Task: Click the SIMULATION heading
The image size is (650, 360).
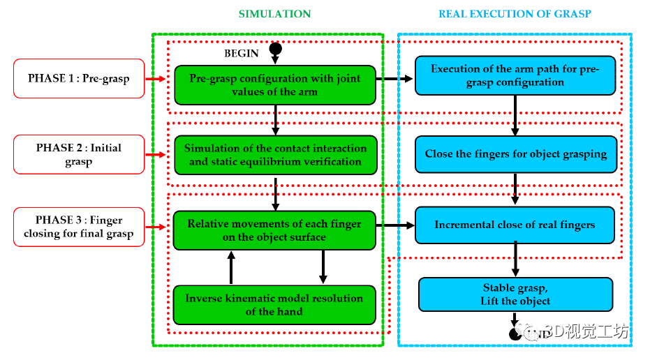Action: [274, 14]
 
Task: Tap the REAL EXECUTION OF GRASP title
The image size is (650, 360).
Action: [515, 14]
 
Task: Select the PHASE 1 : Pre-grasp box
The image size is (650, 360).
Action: [79, 78]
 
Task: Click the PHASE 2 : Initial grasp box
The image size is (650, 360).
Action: [79, 154]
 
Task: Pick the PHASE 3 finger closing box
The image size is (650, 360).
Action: [79, 227]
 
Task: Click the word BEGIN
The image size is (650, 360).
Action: [242, 54]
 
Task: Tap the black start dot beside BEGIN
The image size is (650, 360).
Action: [275, 49]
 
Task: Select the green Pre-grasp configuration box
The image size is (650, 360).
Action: [275, 85]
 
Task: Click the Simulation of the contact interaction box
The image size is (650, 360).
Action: [275, 155]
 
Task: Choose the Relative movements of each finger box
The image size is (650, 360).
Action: [274, 230]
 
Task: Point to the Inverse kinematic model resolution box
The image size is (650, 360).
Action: [274, 305]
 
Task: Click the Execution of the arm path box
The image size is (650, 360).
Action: [515, 75]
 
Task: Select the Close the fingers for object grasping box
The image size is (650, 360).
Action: [516, 154]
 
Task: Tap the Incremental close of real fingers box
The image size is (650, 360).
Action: [515, 225]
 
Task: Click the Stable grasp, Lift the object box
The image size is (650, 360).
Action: [516, 294]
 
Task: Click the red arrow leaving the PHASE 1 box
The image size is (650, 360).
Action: [156, 79]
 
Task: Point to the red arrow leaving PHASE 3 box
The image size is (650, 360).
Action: [156, 227]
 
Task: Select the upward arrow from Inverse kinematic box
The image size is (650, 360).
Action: [231, 268]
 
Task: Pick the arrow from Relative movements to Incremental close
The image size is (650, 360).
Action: [395, 225]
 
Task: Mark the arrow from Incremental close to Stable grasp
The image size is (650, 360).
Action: [515, 259]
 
